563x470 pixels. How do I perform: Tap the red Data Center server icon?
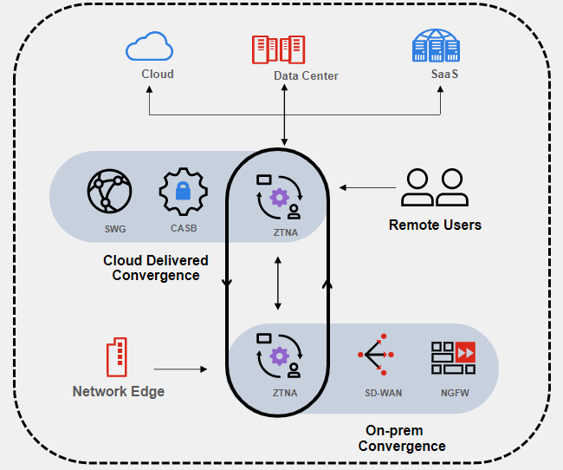[278, 49]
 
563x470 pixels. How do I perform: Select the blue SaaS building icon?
[436, 47]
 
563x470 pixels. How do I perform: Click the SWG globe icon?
[109, 191]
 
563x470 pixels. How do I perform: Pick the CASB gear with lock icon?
[182, 192]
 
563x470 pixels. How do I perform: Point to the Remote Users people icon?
[434, 187]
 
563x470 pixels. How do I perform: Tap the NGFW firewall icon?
[452, 357]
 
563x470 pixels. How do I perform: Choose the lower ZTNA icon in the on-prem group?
[278, 355]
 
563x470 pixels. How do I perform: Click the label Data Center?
[306, 75]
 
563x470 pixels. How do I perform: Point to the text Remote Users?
[435, 225]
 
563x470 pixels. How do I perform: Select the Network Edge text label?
[118, 391]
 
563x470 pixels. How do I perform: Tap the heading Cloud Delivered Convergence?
[156, 268]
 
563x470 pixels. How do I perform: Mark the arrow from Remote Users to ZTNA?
[369, 187]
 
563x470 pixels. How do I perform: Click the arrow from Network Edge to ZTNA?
[180, 369]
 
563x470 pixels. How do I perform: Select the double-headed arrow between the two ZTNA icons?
[278, 282]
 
